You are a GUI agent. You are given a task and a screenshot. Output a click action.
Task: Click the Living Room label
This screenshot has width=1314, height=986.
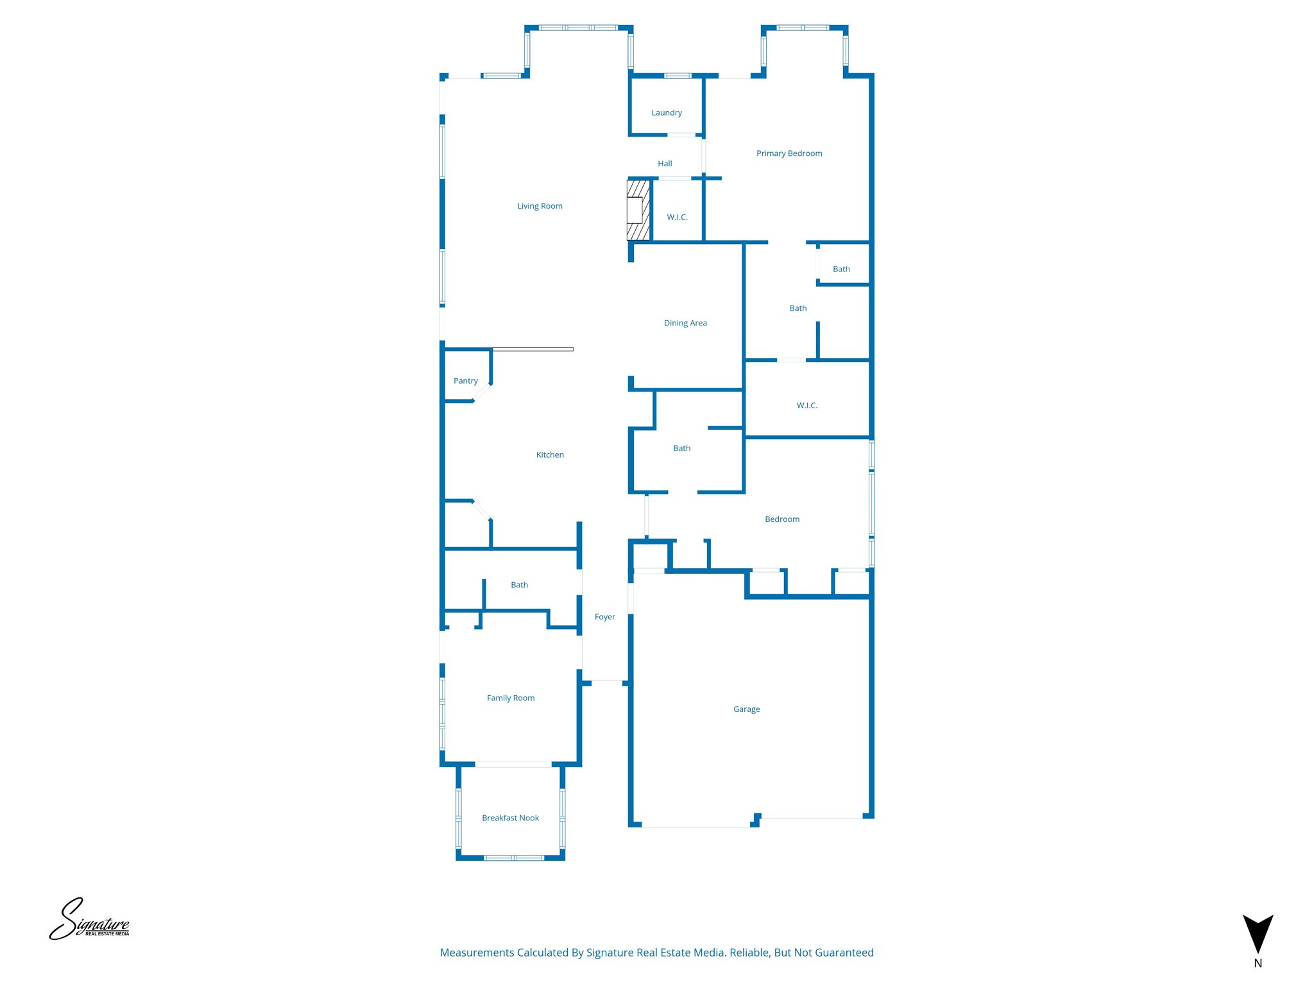click(x=540, y=206)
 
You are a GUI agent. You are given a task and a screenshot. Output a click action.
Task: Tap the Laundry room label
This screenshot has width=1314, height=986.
click(x=667, y=113)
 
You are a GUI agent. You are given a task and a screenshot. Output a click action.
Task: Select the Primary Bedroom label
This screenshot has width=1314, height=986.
click(x=789, y=153)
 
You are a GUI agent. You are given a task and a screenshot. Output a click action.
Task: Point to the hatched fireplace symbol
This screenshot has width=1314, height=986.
click(x=638, y=210)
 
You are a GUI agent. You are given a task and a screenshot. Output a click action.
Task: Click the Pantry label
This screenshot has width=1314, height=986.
click(x=465, y=381)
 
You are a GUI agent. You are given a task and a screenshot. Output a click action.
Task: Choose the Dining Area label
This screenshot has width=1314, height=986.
click(x=685, y=323)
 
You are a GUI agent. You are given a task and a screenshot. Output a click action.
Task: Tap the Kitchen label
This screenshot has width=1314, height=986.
click(x=550, y=455)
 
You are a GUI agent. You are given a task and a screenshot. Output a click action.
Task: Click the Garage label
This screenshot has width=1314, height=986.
click(x=746, y=709)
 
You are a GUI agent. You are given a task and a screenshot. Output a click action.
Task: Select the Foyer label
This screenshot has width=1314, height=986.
click(x=604, y=617)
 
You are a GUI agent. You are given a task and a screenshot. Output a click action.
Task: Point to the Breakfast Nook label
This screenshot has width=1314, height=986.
click(x=510, y=818)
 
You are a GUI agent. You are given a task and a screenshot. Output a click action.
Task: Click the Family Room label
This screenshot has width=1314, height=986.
click(x=510, y=698)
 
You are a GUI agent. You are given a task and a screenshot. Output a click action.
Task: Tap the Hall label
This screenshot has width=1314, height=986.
click(x=665, y=164)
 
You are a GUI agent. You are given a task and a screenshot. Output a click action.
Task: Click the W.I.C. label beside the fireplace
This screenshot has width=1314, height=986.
click(x=677, y=218)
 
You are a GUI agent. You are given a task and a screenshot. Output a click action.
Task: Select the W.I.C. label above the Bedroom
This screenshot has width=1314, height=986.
click(x=806, y=406)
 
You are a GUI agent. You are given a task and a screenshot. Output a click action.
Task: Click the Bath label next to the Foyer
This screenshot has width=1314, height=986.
click(x=519, y=585)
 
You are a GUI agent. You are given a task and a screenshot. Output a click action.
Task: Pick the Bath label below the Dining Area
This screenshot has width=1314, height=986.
click(x=681, y=449)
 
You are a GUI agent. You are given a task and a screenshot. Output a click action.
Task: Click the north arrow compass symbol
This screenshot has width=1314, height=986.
click(x=1258, y=936)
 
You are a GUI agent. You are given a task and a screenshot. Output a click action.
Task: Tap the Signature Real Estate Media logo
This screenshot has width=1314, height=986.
click(x=89, y=920)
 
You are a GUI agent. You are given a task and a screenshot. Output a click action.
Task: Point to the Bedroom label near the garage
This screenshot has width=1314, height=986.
click(x=781, y=519)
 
